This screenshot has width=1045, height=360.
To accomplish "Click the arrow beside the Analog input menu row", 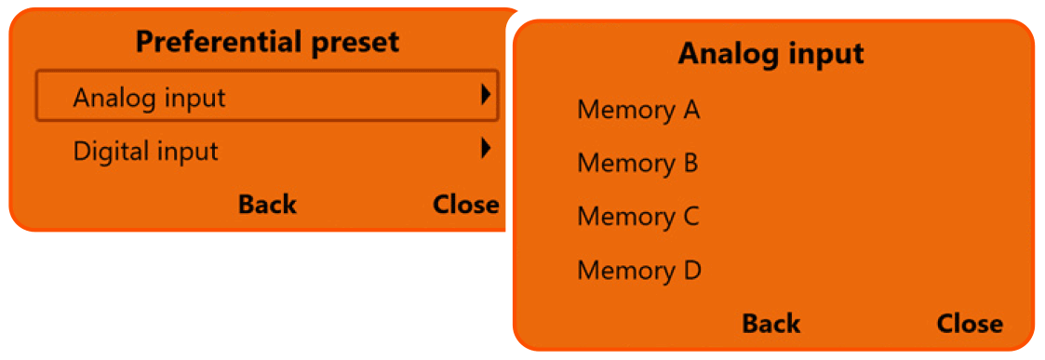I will click(485, 95).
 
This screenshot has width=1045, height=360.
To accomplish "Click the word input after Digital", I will click(187, 151).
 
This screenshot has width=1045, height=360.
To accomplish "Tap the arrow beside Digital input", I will click(485, 148).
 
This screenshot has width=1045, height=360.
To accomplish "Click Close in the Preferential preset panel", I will click(465, 205).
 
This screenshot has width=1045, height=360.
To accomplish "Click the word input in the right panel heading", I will click(826, 54).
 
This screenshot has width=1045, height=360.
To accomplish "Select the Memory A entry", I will click(638, 111).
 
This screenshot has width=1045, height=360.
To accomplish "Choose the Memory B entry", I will click(637, 164).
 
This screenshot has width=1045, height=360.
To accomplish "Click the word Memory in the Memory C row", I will click(625, 217).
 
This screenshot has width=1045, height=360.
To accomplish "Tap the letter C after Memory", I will click(690, 217).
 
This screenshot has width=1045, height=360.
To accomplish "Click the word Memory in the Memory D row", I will click(625, 271).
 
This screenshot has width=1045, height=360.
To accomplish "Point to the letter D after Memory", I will click(691, 271).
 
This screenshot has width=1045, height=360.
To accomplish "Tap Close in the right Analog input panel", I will click(970, 324).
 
